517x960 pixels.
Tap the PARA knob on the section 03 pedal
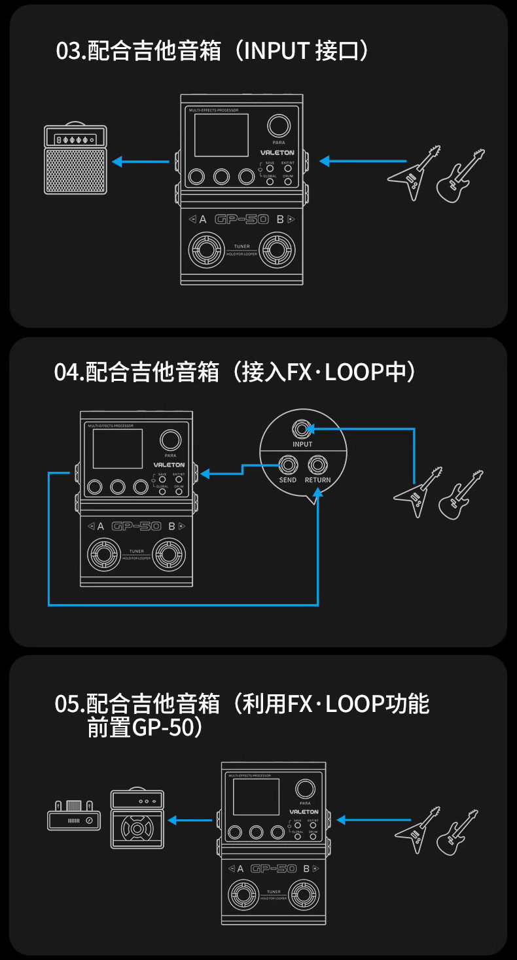coord(279,126)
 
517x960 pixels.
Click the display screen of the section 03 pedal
coord(221,134)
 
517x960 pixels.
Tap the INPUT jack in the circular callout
coord(302,429)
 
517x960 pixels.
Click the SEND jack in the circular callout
coord(287,465)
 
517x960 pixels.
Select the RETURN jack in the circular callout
coord(317,465)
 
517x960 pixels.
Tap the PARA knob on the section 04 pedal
coord(170,440)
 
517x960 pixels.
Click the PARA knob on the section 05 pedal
coord(304,789)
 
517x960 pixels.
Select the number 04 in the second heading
coord(67,373)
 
